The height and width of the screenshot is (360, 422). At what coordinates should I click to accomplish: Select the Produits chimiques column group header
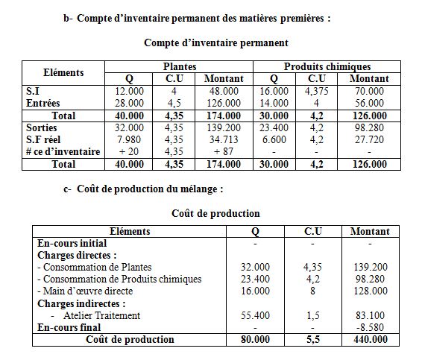[x=327, y=67]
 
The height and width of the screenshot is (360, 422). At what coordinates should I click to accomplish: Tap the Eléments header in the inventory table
[x=63, y=73]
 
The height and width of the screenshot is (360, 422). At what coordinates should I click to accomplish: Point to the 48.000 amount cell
[x=222, y=91]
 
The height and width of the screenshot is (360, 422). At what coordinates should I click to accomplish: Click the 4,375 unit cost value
[x=317, y=91]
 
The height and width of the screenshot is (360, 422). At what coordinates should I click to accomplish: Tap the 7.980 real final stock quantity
[x=129, y=139]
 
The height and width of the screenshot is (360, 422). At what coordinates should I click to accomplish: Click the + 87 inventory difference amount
[x=222, y=152]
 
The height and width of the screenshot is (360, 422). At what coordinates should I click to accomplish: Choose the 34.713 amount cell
[x=222, y=139]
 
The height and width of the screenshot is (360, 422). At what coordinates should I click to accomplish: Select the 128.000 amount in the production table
[x=370, y=291]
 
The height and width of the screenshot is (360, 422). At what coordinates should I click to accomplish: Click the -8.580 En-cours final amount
[x=371, y=327]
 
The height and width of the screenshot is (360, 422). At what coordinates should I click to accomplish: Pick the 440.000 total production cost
[x=370, y=339]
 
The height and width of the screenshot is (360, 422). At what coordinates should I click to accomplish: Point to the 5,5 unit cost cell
[x=312, y=339]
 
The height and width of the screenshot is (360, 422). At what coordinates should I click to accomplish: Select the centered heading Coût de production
[x=205, y=214]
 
